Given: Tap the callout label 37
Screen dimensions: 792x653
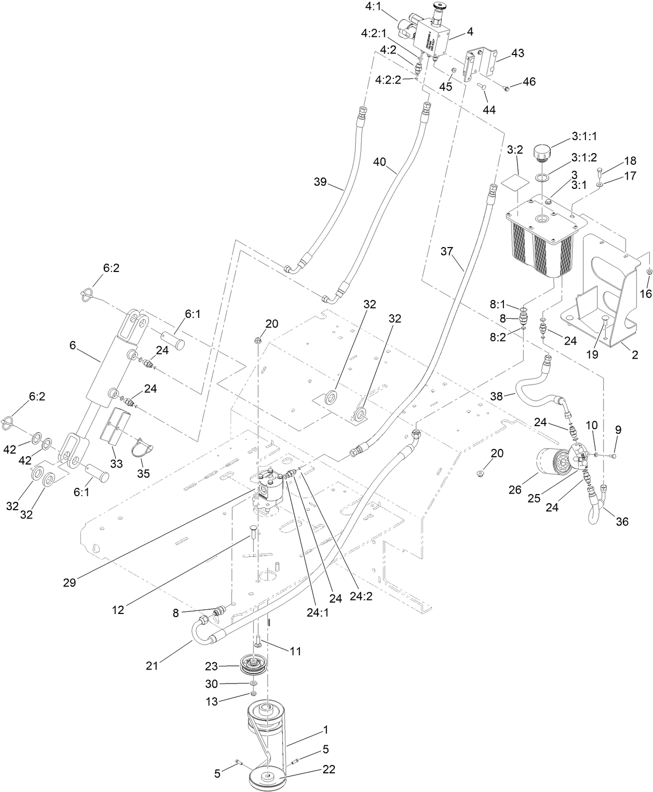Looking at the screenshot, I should tap(447, 252).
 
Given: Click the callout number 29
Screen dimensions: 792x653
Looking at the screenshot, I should tap(69, 582).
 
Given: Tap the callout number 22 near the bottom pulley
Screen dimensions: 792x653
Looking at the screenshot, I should tap(329, 769).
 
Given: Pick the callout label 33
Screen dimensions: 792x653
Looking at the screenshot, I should tap(116, 463).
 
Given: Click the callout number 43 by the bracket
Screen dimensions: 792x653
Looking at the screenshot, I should tap(518, 53).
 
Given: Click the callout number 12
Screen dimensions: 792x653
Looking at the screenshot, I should tap(118, 610).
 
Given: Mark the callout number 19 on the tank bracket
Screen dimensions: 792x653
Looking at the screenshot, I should tap(592, 354).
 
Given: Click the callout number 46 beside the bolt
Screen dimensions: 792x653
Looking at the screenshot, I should tap(529, 82).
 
